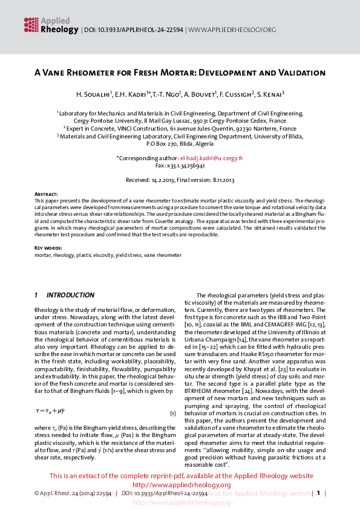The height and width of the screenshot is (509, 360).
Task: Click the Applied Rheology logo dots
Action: click(31, 24)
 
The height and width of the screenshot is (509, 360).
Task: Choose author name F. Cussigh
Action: click(234, 95)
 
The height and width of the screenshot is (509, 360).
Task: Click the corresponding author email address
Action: click(215, 158)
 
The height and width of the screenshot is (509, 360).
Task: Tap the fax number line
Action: click(180, 165)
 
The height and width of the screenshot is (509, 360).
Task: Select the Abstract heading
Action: click(46, 193)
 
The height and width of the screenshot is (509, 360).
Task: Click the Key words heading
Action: click(47, 248)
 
